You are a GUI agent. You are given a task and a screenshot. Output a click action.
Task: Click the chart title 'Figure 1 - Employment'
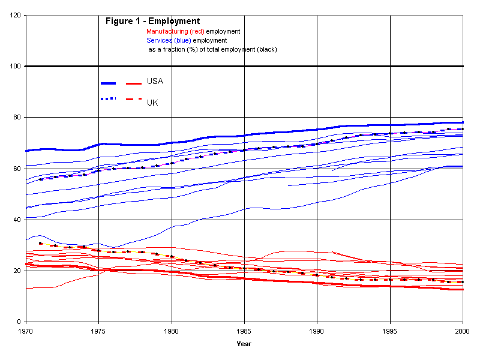point(152,22)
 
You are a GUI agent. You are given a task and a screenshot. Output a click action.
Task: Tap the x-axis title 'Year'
point(244,344)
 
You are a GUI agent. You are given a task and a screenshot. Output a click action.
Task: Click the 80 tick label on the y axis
point(17,118)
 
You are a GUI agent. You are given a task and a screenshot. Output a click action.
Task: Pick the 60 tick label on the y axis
point(17,169)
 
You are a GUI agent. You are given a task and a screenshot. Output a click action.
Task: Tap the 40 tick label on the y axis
point(17,220)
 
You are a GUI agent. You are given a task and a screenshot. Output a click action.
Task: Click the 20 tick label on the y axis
point(17,271)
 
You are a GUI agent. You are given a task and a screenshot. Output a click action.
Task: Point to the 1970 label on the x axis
point(26,331)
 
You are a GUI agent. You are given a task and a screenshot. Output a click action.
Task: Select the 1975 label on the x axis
point(98,331)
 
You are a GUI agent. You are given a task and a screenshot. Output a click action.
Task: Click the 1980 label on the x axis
point(172,331)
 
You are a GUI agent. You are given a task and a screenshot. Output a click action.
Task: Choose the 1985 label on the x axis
point(244,331)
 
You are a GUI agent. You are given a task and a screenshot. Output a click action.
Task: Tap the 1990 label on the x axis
point(317,331)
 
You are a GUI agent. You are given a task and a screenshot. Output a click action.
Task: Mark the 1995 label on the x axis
point(390,331)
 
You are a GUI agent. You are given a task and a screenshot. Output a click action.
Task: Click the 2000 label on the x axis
point(463,331)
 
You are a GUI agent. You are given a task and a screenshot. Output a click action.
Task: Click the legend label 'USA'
point(155,81)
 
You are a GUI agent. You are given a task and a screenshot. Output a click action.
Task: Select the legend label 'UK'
point(152,103)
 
